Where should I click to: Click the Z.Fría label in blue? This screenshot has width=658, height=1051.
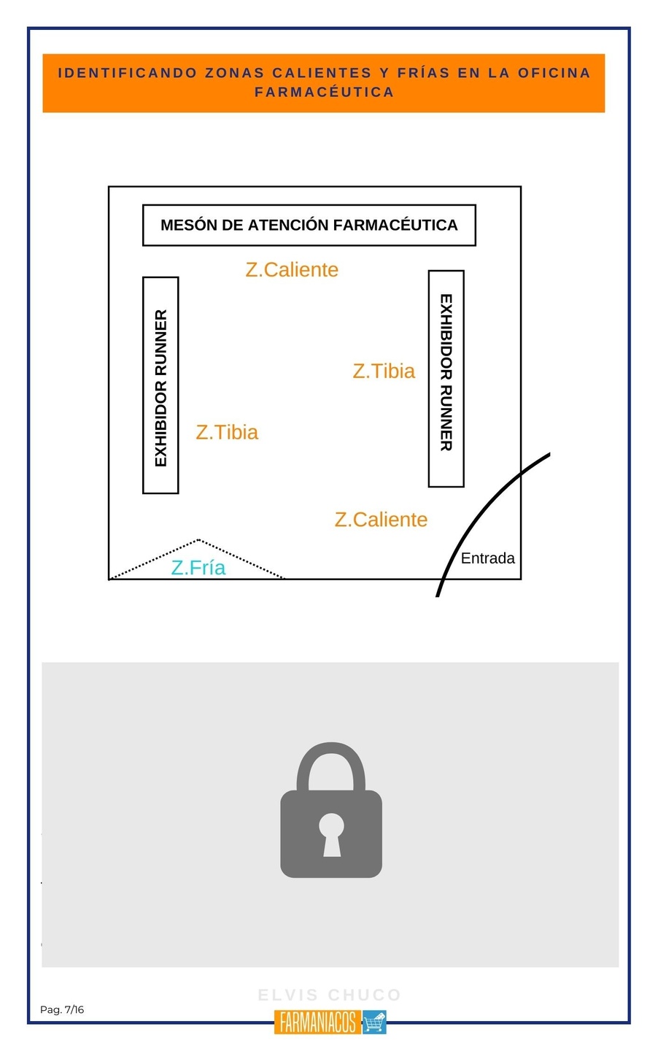[198, 567]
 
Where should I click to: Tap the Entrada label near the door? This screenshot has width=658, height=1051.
[487, 558]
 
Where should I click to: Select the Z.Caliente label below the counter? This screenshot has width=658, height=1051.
[292, 270]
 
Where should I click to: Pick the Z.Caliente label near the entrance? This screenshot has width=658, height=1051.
[381, 520]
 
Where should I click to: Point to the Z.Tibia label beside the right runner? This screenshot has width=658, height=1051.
[384, 371]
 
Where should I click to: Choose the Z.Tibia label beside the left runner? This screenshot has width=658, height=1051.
[227, 432]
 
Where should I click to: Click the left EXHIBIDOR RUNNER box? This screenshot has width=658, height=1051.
[160, 385]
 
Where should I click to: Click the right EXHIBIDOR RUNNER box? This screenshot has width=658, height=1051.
[446, 378]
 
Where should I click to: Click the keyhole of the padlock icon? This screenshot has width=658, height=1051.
[331, 832]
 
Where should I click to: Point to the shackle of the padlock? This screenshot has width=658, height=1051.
[331, 759]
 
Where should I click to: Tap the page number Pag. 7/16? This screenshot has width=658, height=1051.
[62, 1010]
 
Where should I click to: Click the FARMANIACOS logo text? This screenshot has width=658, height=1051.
[318, 1023]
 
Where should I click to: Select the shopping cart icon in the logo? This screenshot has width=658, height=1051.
[374, 1023]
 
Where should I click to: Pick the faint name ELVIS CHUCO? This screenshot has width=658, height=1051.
[330, 995]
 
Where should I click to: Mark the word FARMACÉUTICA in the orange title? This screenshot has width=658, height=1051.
[324, 92]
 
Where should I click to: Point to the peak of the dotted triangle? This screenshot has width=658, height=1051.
[198, 540]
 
